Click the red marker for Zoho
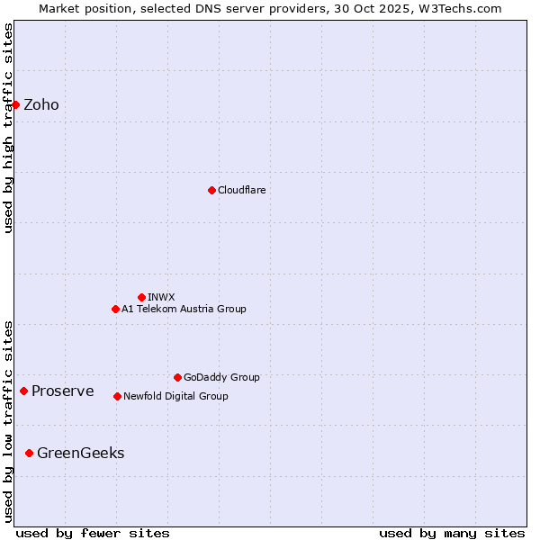[15, 104]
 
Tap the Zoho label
[41, 105]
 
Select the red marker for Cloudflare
[211, 190]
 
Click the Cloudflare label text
[241, 191]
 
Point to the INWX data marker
[141, 297]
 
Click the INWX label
[161, 297]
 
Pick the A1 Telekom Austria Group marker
[115, 309]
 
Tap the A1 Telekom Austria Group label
[184, 310]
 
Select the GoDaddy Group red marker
[177, 377]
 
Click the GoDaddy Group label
[221, 378]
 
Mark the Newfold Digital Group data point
[117, 396]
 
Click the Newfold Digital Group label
[175, 397]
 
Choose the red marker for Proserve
[23, 391]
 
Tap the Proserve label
[62, 391]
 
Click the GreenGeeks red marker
[29, 453]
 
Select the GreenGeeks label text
[80, 454]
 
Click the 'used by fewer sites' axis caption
[93, 533]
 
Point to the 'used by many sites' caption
[452, 533]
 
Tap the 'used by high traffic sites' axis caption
[8, 128]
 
